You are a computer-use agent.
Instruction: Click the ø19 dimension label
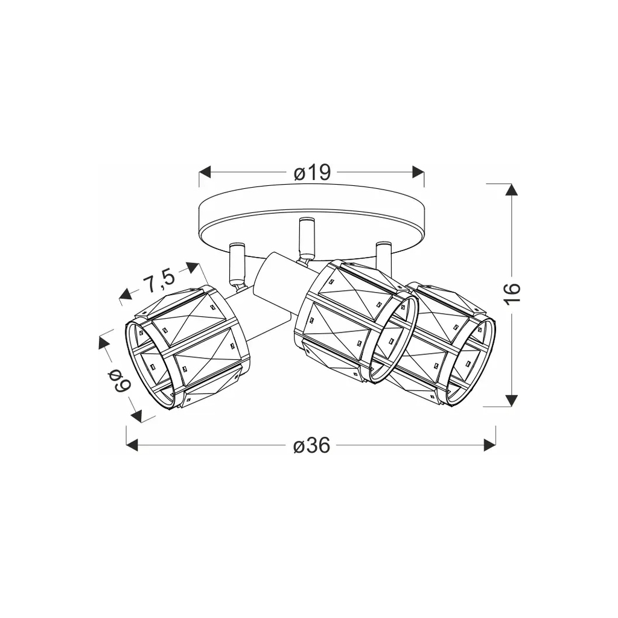click(312, 173)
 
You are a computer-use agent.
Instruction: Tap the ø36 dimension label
click(312, 446)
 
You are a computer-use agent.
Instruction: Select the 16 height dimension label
click(512, 293)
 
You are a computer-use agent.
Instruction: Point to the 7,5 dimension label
click(159, 281)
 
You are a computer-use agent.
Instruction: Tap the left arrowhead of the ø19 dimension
click(205, 172)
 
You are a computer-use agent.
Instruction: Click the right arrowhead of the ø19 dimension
click(418, 172)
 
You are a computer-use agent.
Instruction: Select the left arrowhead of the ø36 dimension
click(132, 445)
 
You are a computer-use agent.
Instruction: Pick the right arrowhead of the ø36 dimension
click(489, 445)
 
